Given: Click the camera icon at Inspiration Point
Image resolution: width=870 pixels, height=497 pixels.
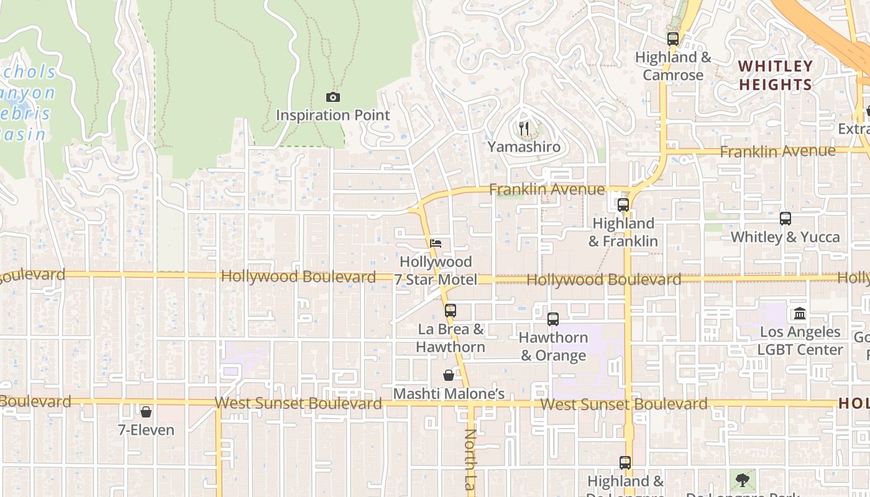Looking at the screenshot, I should [333, 97].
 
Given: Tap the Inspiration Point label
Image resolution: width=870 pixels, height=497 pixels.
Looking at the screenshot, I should [333, 116].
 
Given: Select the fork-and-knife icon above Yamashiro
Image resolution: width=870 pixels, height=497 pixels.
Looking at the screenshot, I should [524, 129].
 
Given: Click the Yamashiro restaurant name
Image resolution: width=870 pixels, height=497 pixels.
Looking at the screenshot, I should [524, 147].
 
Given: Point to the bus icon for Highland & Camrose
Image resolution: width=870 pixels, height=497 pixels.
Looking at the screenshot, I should [673, 39].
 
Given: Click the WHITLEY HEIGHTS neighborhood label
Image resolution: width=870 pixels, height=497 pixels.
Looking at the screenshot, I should [776, 75].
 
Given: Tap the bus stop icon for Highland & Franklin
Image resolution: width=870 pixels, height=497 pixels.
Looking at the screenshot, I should [623, 204].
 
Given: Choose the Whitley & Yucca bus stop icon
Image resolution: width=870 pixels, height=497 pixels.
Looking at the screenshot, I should [785, 219].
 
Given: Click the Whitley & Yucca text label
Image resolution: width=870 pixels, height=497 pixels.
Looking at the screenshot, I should [785, 237].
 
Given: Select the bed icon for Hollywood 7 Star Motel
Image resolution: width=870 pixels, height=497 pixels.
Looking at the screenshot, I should [436, 243].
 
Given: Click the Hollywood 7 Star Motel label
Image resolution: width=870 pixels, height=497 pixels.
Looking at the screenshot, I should [436, 271].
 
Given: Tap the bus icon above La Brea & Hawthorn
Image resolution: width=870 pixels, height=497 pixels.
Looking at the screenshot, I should [451, 310].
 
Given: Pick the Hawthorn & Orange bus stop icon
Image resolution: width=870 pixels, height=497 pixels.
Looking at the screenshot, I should [553, 319].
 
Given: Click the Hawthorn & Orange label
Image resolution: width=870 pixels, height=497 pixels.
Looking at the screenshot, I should [553, 347].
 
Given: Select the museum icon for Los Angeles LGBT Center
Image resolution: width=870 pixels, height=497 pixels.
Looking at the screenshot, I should [800, 313].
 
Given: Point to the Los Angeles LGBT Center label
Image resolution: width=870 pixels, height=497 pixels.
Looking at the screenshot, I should [800, 340].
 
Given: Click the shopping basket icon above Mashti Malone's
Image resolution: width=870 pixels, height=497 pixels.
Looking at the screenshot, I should [449, 375].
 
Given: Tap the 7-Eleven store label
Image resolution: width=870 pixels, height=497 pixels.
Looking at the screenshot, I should [146, 430].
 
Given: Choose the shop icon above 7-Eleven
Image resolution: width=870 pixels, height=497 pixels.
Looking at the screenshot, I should [146, 412].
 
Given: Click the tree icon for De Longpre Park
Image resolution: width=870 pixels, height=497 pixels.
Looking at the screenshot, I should [742, 480].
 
